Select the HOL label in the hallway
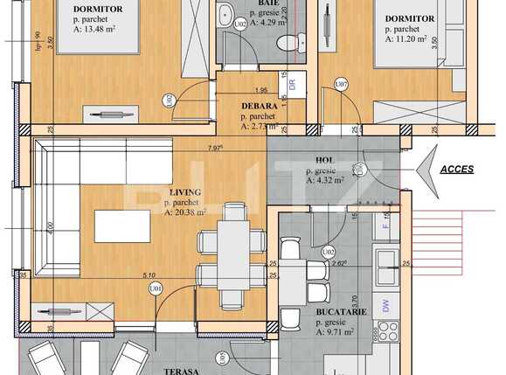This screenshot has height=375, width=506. [x=324, y=160]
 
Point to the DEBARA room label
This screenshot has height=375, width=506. [x=259, y=106]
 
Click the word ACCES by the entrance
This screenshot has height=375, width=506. [x=457, y=170]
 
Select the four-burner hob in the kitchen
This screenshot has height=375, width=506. [x=386, y=331]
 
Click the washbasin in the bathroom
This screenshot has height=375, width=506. [x=225, y=15]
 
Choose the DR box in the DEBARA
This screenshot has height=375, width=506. [x=292, y=86]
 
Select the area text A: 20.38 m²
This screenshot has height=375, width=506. [x=184, y=212]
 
